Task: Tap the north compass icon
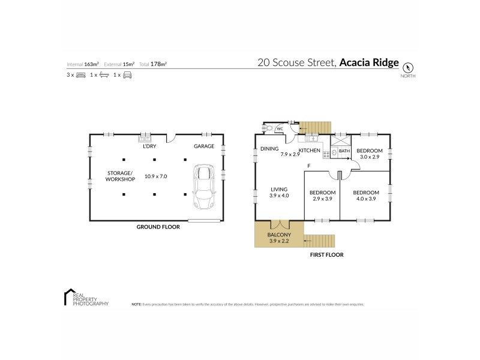click(x=409, y=67)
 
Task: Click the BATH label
click(x=344, y=151)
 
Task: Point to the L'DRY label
click(x=149, y=146)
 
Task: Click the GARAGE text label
click(x=204, y=146)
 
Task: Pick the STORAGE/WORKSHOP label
click(x=118, y=176)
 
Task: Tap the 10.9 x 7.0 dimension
click(x=155, y=176)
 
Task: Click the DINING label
click(x=268, y=149)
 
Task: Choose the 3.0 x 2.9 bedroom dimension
click(x=369, y=157)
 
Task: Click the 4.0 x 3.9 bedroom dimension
click(x=365, y=199)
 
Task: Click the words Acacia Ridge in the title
click(x=368, y=62)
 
